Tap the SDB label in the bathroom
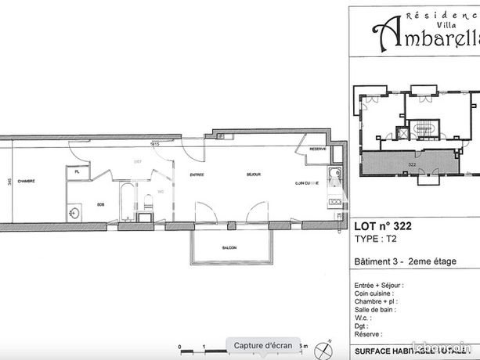101,203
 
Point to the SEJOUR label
253,175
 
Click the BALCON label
229,249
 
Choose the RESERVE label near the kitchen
317,149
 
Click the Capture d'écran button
262,345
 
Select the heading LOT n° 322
384,227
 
